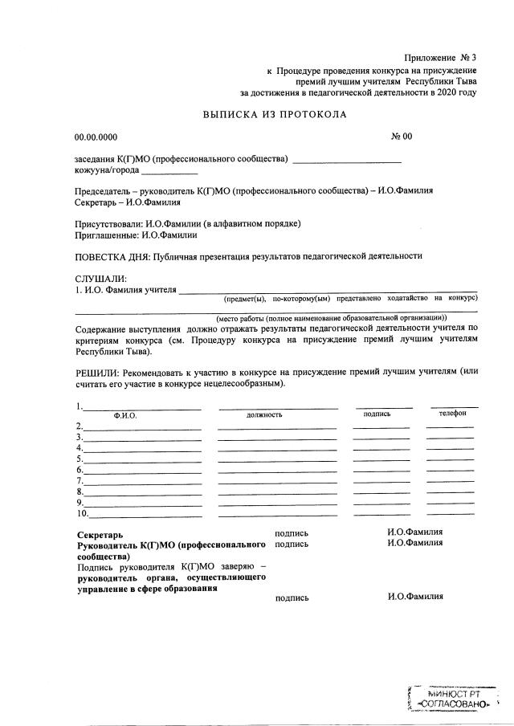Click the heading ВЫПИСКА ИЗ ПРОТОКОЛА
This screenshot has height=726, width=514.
click(x=275, y=114)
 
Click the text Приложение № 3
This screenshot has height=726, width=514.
click(x=441, y=58)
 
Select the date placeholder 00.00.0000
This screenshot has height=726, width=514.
click(x=96, y=137)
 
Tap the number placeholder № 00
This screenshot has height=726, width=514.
click(x=402, y=137)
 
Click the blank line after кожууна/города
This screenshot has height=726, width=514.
click(x=169, y=171)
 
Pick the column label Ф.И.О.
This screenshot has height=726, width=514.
click(x=125, y=415)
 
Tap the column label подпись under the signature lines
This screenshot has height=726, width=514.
click(x=377, y=414)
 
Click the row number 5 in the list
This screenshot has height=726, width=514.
click(x=79, y=459)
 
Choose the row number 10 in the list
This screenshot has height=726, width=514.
click(x=81, y=513)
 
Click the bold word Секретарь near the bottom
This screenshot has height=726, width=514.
click(x=99, y=534)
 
